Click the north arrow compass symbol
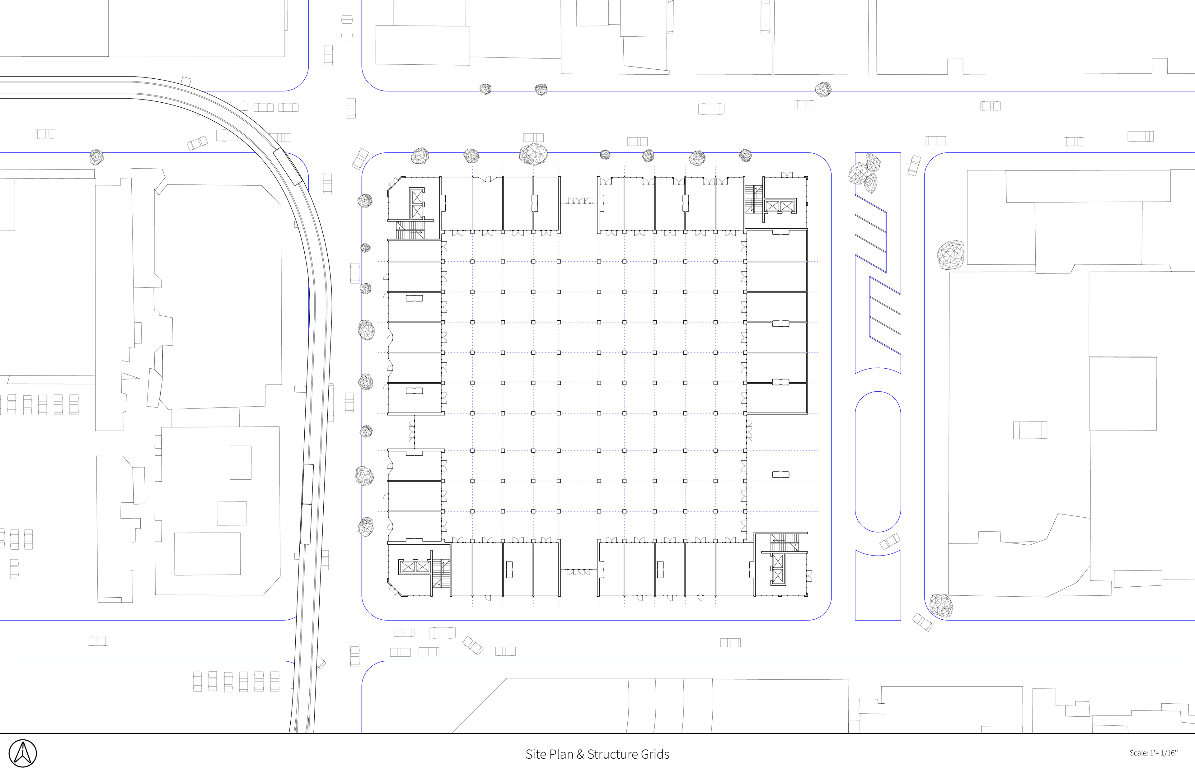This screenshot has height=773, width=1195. tap(23, 753)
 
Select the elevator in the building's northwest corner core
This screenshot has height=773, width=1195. tap(417, 203)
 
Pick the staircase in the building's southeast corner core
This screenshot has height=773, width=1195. tap(784, 542)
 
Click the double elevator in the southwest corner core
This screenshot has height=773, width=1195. tap(415, 567)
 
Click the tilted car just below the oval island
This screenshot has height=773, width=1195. tap(890, 542)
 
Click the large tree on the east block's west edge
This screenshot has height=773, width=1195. tap(950, 255)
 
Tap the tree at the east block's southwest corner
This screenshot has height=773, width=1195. tap(940, 605)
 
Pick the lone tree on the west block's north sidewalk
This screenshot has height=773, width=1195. tap(96, 157)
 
